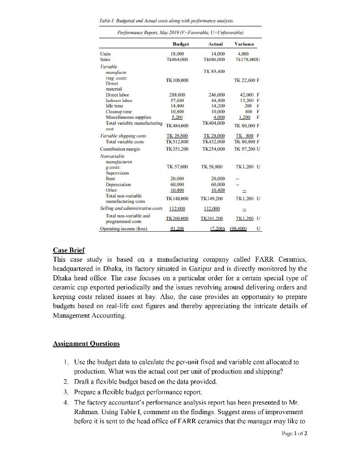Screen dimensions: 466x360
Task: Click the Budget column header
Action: click(x=181, y=44)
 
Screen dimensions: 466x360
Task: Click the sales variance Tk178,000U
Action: click(x=246, y=60)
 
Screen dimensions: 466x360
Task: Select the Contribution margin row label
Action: click(x=122, y=149)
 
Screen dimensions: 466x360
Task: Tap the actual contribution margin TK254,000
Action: click(x=213, y=149)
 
